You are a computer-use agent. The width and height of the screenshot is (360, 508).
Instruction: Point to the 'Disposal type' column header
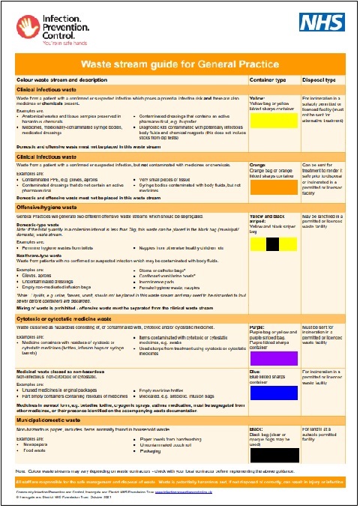coord(318,79)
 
